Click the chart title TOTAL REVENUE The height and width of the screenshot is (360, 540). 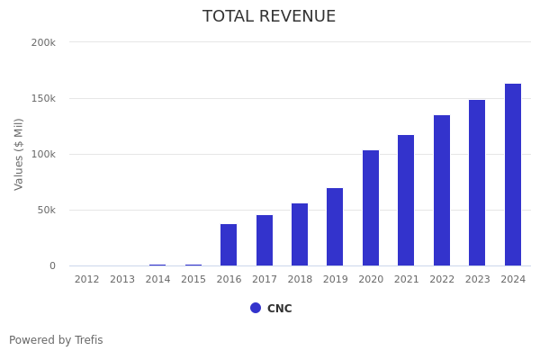click(269, 17)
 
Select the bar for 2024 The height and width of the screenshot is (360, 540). click(513, 175)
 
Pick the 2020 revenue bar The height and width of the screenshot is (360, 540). click(371, 208)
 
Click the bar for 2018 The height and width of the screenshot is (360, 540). click(300, 234)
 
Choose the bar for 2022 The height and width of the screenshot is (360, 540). click(442, 190)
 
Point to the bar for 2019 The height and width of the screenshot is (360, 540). click(335, 227)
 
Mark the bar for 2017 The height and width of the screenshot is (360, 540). click(265, 240)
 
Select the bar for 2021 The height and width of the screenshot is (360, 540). click(406, 200)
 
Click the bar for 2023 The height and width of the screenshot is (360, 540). click(477, 183)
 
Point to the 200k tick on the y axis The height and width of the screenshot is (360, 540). click(43, 42)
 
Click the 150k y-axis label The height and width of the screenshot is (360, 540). click(43, 98)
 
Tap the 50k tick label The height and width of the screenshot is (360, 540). click(46, 210)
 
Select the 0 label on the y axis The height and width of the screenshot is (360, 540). click(52, 265)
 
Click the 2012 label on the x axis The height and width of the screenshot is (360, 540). click(87, 280)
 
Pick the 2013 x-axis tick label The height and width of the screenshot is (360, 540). click(122, 280)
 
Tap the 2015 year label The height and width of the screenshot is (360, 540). click(193, 280)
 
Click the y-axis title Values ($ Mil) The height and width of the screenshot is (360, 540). click(19, 154)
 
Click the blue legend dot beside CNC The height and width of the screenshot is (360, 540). click(256, 308)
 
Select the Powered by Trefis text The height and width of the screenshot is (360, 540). click(56, 340)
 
